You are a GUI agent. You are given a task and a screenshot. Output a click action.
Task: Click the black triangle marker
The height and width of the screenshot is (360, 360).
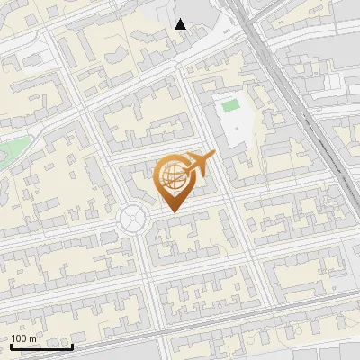[x=181, y=24]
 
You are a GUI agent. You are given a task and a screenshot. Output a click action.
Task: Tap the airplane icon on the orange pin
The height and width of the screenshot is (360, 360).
[x=199, y=163]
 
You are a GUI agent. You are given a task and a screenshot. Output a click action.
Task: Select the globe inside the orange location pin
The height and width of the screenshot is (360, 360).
[x=171, y=175]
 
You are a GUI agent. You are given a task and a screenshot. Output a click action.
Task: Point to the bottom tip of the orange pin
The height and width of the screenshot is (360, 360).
[x=172, y=211]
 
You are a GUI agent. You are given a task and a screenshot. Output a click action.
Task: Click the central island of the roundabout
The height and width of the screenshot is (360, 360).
[x=133, y=217]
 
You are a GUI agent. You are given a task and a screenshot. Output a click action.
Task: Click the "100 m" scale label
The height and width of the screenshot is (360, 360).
[x=24, y=338]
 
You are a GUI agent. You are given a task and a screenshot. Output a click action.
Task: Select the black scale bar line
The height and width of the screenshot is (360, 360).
[x=41, y=346]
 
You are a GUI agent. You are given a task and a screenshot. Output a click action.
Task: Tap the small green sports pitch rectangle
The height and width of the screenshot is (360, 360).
[x=230, y=106]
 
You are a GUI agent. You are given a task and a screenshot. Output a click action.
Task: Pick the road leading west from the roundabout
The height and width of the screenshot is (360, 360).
[x=63, y=229]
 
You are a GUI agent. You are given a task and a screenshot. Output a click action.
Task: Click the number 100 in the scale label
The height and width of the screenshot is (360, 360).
[x=20, y=338]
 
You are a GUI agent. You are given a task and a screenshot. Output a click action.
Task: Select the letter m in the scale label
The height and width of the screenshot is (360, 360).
[x=33, y=338]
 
